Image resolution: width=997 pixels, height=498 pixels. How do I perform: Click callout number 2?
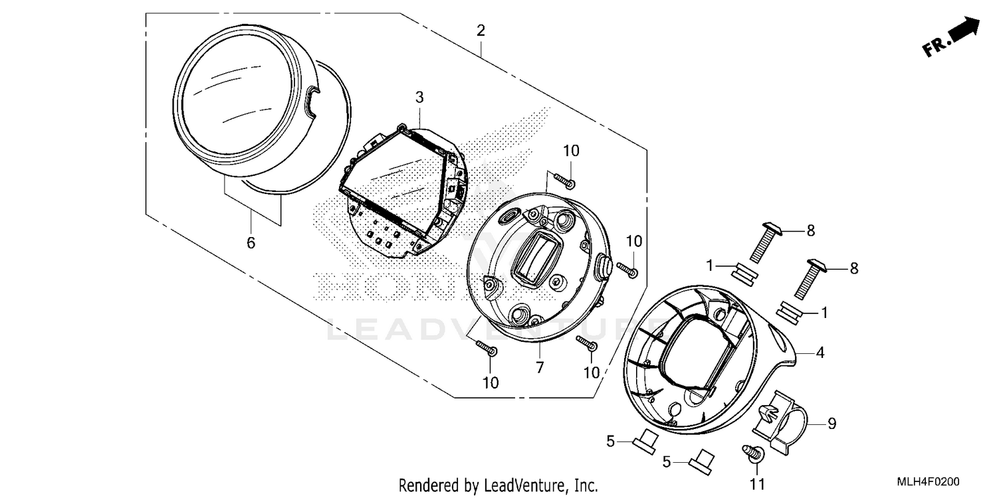[x=481, y=31]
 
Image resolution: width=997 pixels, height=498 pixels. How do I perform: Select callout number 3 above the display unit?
[x=419, y=98]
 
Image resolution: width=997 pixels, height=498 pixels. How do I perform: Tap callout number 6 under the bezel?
[x=251, y=243]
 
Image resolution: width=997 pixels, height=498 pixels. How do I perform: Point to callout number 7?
[x=540, y=367]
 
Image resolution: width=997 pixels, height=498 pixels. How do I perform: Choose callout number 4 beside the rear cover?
[x=820, y=353]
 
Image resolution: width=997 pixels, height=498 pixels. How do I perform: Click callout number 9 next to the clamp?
[x=831, y=423]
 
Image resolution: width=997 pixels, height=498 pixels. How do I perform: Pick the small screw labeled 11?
[x=754, y=454]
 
